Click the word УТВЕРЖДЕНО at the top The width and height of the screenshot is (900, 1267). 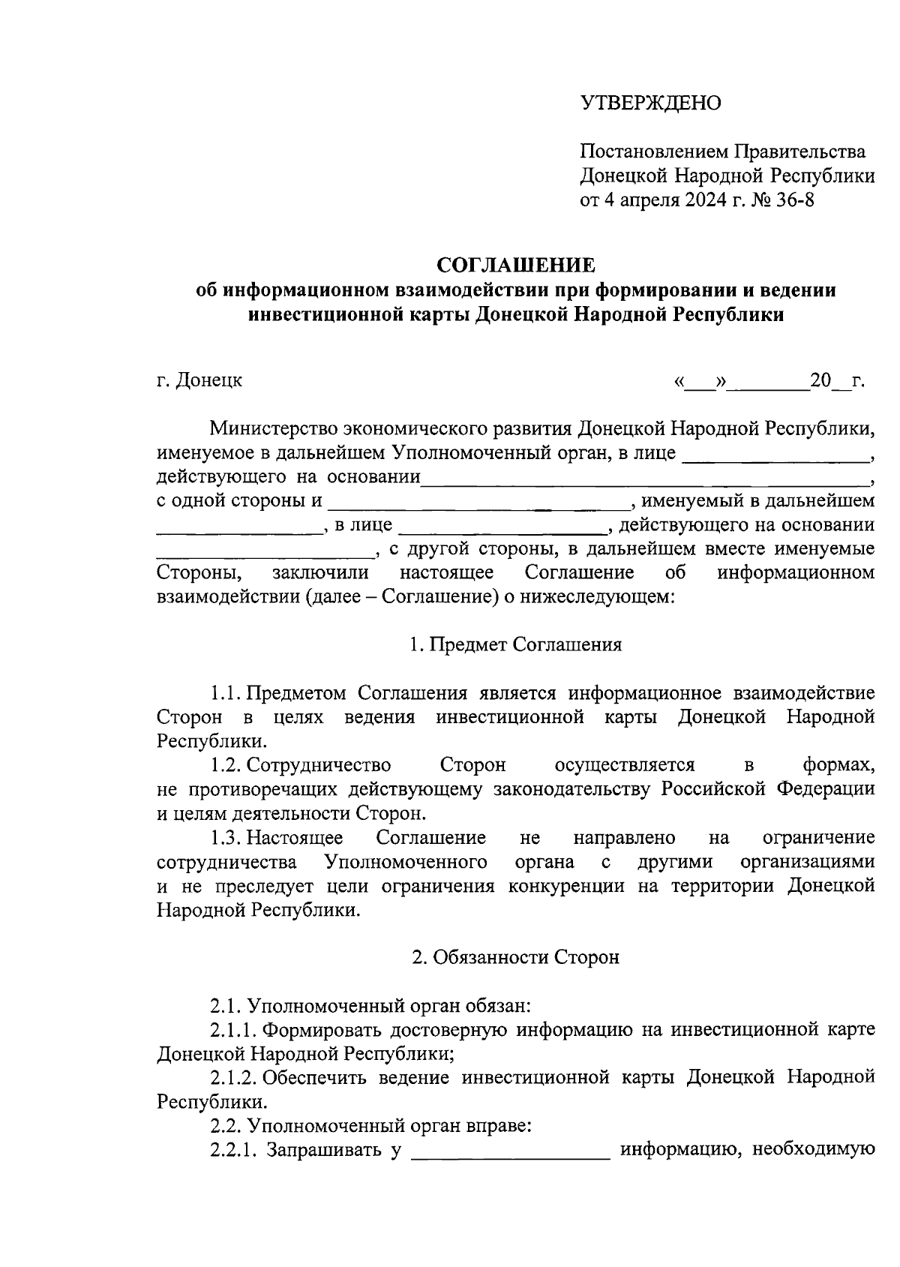coord(649,103)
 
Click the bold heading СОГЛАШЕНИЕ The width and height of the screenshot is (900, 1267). coord(516,265)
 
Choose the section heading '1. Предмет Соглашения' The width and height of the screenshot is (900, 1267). coord(516,644)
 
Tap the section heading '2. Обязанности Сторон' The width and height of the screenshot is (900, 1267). coord(516,957)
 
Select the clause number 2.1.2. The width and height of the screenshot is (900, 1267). coord(234,1078)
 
